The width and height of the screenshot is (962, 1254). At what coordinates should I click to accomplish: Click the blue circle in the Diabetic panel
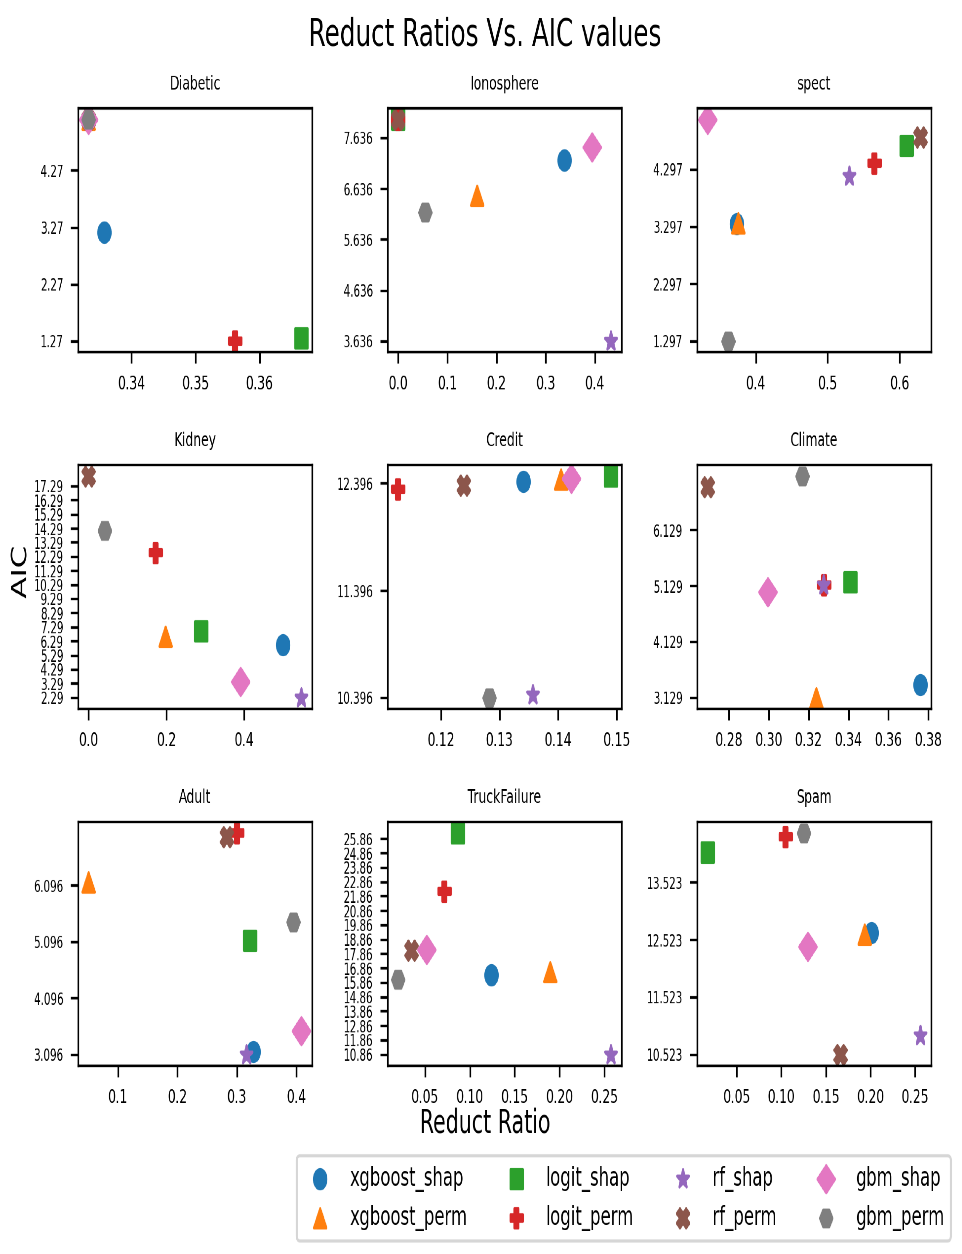click(x=104, y=232)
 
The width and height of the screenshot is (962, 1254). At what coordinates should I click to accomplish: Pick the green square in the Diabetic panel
click(x=301, y=338)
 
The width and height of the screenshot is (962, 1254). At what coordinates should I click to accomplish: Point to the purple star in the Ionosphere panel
click(x=611, y=341)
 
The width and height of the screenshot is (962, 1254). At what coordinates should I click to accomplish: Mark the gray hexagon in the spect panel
click(x=728, y=341)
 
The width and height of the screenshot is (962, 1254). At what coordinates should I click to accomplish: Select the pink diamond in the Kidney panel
click(x=241, y=682)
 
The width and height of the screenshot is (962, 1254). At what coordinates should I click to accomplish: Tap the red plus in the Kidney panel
click(x=155, y=553)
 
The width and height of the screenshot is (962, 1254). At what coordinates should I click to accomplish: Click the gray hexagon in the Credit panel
click(x=489, y=698)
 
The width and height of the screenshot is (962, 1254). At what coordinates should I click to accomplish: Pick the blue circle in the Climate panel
click(x=920, y=684)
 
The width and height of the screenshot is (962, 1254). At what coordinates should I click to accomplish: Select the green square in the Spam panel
click(x=708, y=852)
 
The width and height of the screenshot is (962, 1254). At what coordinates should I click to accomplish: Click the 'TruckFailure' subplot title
click(x=504, y=797)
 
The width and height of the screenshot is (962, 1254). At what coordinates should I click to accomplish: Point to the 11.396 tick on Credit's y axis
click(x=355, y=591)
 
